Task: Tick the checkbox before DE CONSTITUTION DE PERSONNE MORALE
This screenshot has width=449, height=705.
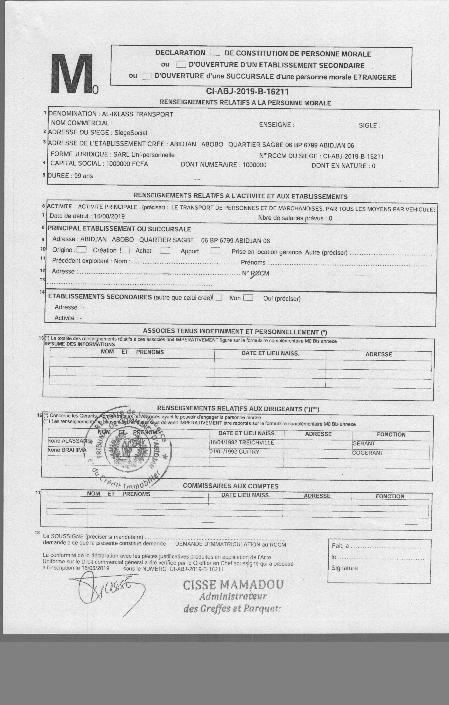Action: (215, 53)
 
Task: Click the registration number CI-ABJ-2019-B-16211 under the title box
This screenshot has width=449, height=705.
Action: (247, 92)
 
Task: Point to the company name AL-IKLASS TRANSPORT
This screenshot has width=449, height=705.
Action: (137, 114)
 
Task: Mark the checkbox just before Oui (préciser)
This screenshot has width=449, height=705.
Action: (248, 298)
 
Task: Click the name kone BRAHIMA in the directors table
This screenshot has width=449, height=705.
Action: (67, 450)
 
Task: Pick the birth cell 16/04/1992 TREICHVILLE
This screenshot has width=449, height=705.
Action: (242, 442)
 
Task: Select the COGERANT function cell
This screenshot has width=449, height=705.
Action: (368, 453)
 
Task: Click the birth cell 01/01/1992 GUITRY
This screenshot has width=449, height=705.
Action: (234, 452)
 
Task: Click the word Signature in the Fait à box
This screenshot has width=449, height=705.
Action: (344, 568)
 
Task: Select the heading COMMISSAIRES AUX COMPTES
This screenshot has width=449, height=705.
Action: (231, 486)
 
